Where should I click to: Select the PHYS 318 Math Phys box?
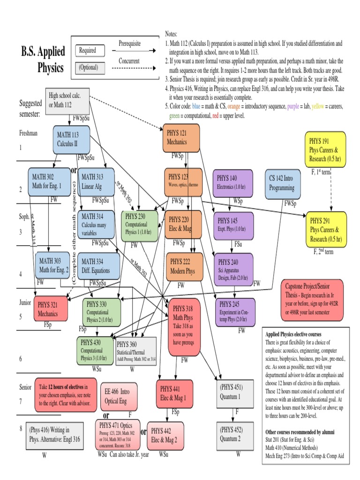(x=184, y=326)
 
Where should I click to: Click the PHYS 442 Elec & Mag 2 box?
(x=165, y=435)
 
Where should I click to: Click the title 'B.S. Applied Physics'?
(x=43, y=60)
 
